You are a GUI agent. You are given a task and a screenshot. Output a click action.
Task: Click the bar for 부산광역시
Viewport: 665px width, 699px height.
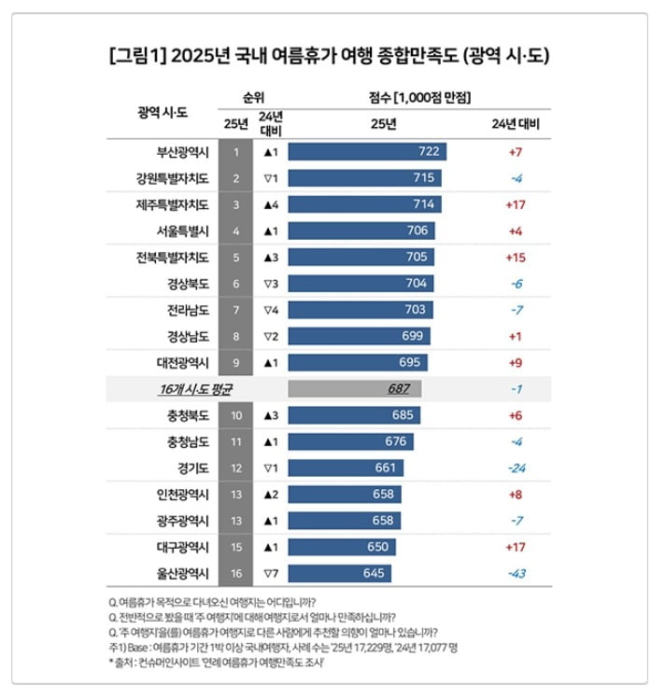366,151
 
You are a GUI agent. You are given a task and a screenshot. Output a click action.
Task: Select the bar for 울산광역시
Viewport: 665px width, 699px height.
339,572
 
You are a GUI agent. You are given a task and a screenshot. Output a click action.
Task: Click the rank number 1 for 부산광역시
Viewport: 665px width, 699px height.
237,151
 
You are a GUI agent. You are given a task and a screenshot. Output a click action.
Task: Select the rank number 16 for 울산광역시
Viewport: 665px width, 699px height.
237,572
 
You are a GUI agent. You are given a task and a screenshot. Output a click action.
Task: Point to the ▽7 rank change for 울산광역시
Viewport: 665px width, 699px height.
271,572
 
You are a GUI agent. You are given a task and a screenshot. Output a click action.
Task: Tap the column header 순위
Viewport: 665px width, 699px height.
253,97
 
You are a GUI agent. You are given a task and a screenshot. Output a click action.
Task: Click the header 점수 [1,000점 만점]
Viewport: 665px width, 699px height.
418,97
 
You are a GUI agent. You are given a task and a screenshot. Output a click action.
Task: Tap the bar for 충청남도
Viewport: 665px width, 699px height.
350,441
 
